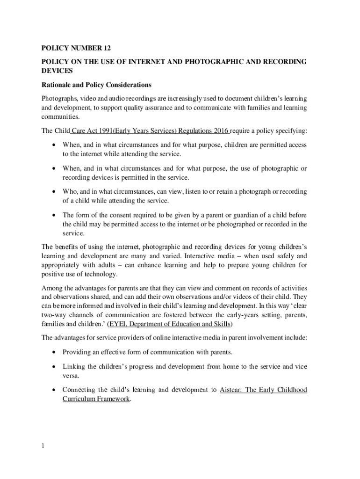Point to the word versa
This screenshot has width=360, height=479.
[x=71, y=376]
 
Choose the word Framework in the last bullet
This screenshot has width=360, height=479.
[x=113, y=399]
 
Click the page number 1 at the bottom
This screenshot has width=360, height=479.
[x=43, y=446]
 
